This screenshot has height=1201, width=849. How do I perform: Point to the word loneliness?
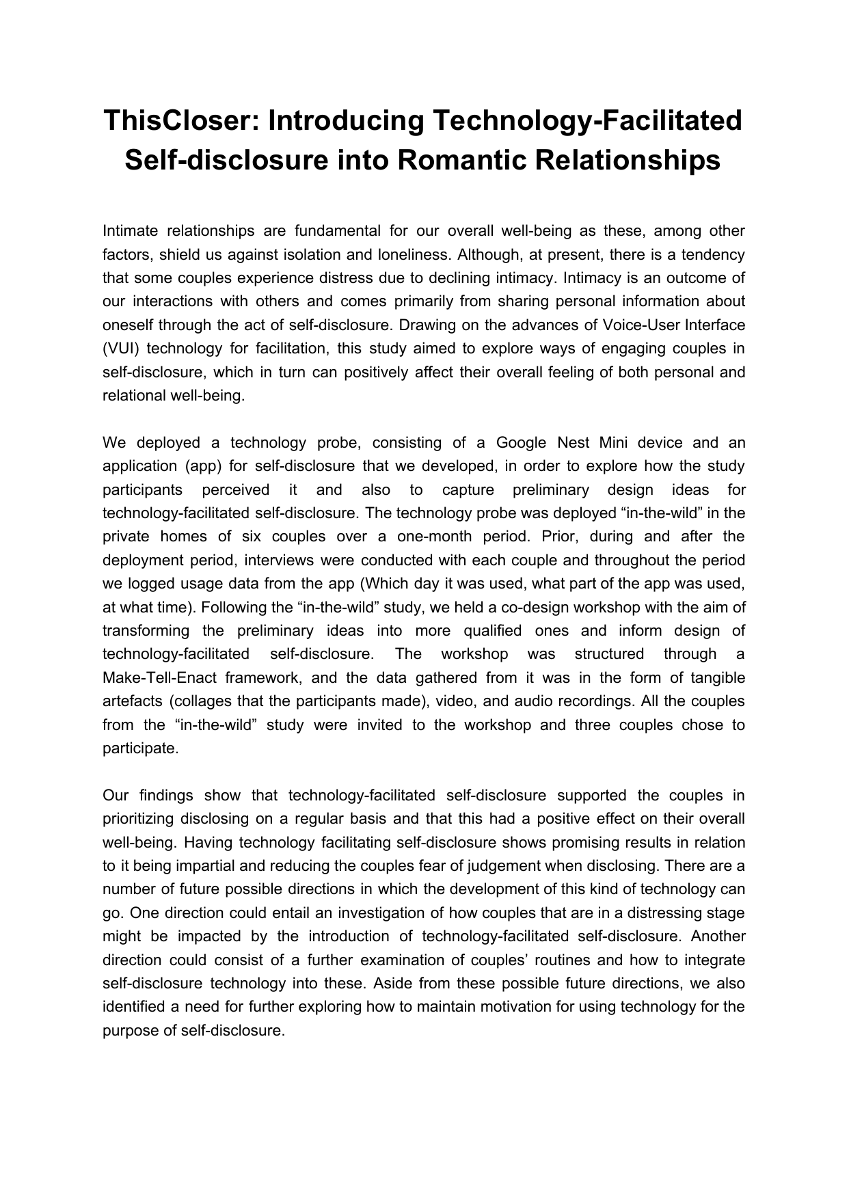click(413, 255)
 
